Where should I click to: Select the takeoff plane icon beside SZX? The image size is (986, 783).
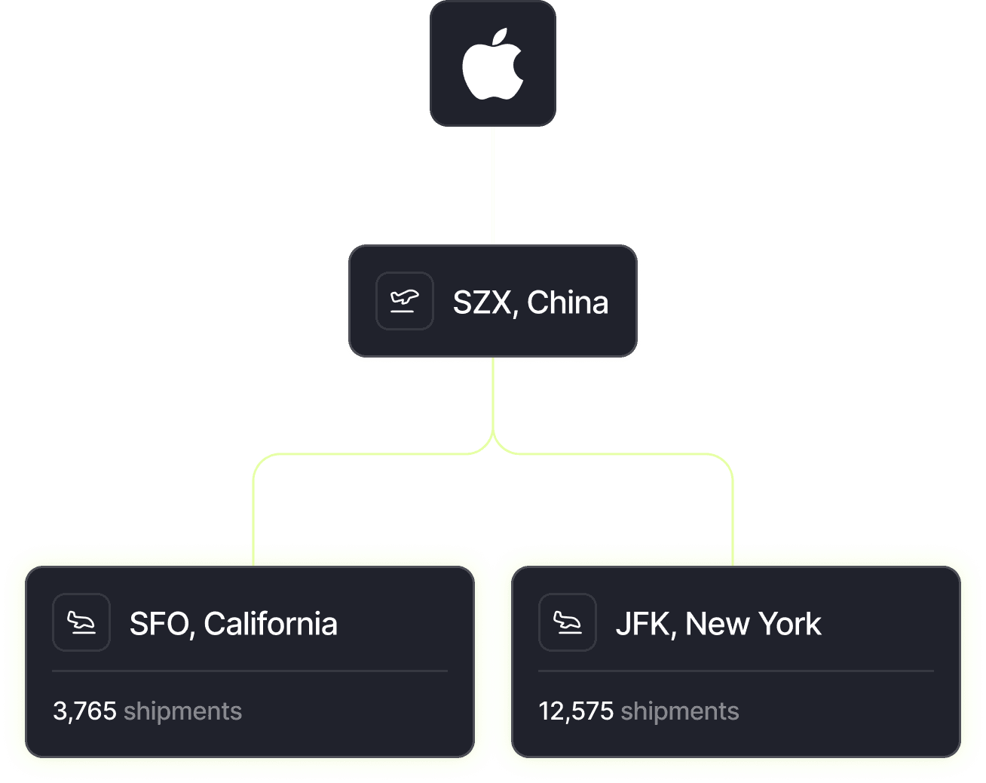coord(405,301)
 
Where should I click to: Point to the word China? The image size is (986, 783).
coord(568,302)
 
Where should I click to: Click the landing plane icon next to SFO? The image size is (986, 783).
coord(81,622)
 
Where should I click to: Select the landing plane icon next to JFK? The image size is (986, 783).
coord(568,622)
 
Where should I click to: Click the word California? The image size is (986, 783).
coord(271,625)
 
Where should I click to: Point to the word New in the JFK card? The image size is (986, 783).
coord(717,625)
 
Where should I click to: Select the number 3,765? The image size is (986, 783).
coord(84,711)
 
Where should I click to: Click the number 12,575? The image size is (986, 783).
coord(576,711)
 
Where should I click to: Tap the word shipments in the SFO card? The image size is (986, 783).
coord(183,711)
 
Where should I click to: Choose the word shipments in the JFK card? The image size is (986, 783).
coord(680,711)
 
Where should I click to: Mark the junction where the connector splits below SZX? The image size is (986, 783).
coord(493,438)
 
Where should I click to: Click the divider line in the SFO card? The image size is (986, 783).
coord(250,671)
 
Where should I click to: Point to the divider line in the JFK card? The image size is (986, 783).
coord(736,671)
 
